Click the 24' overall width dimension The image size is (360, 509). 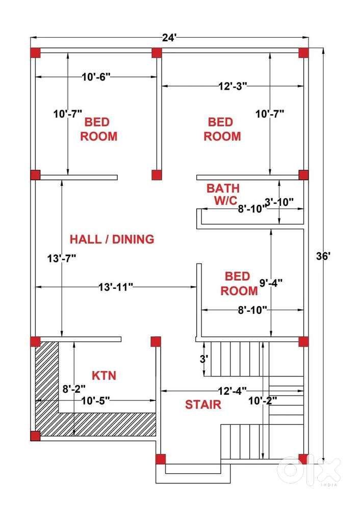169,38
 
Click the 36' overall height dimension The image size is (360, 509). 323,256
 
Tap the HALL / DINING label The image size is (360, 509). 112,239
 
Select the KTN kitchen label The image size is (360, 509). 104,376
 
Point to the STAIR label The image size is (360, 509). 203,405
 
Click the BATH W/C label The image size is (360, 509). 223,194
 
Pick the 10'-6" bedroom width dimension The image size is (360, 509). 96,77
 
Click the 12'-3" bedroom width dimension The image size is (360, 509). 233,86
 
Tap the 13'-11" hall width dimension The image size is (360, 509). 116,287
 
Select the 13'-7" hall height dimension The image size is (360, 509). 62,259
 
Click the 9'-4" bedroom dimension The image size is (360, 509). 271,283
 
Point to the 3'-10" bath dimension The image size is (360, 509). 279,202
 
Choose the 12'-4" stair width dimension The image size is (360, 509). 233,391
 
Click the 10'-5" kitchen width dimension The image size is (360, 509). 95,400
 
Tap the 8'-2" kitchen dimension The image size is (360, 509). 74,389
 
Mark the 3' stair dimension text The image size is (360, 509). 204,359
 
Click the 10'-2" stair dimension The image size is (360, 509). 263,400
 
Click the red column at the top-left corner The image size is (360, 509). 35,52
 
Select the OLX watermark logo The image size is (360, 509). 308,471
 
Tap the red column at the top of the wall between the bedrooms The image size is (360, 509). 157,52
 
